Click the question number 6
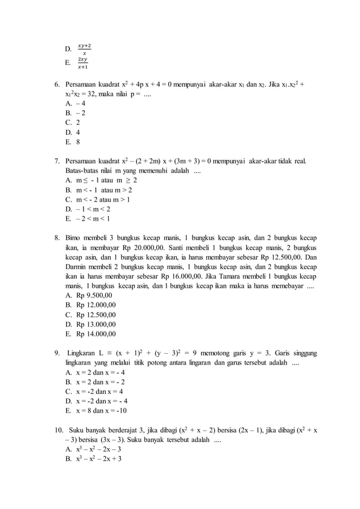[x=57, y=84]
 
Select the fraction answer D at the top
[x=84, y=49]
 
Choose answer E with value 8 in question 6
[x=73, y=142]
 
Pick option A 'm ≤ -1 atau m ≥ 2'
[x=102, y=180]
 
